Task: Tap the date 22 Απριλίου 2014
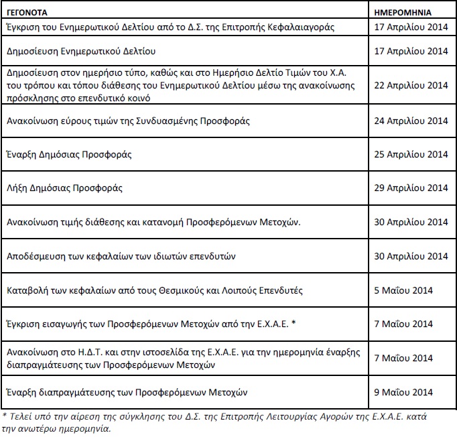click(411, 85)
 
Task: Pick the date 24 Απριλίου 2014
click(411, 121)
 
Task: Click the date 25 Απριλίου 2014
click(411, 155)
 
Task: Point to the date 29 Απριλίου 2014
click(411, 188)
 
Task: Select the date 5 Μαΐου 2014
click(404, 290)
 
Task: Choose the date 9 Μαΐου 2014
click(404, 391)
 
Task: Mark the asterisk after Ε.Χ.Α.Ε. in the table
click(294, 324)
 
